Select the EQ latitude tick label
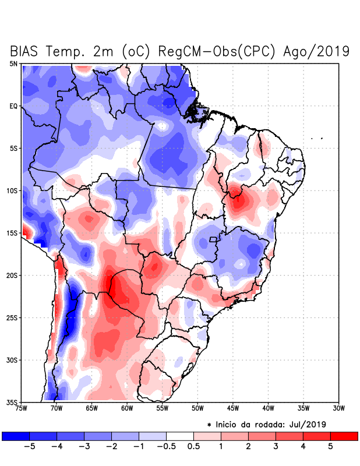click(x=13, y=106)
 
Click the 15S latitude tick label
click(x=12, y=233)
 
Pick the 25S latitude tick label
click(x=12, y=317)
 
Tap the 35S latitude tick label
click(x=12, y=402)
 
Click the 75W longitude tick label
click(x=22, y=408)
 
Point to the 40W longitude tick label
click(x=269, y=408)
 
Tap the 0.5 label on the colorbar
click(x=193, y=446)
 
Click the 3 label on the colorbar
click(x=276, y=446)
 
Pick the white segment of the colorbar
click(x=180, y=436)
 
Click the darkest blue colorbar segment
click(x=16, y=436)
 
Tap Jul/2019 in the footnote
click(x=306, y=423)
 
